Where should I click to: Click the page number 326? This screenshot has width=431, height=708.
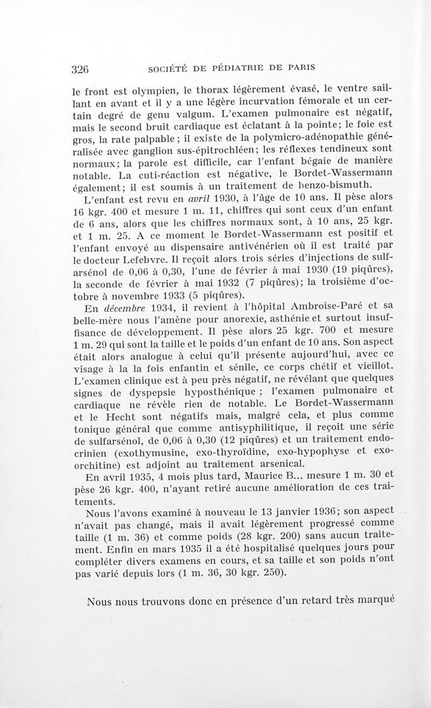click(80, 68)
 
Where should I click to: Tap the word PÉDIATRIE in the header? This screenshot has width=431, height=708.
click(240, 68)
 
